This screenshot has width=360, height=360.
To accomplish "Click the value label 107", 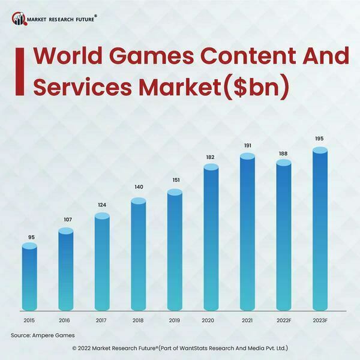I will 67,219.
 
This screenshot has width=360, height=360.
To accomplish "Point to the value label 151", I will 175,179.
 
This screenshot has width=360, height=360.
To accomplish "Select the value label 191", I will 247,145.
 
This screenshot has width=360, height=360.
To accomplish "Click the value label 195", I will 320,139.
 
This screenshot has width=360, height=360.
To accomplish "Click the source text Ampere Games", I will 58,335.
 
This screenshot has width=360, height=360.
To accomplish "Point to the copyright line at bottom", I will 180,348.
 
